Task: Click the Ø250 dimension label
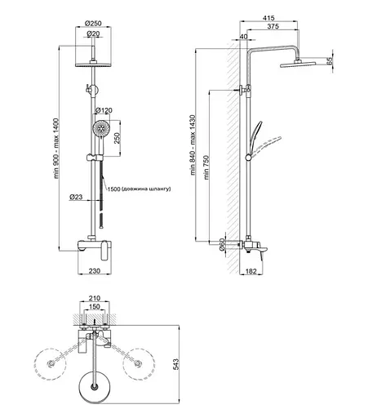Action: (x=93, y=24)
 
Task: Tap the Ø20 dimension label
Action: (x=93, y=33)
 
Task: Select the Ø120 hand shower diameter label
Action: (x=104, y=110)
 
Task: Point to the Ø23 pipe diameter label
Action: (x=76, y=197)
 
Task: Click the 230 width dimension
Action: (x=95, y=271)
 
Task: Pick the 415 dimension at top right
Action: (x=268, y=18)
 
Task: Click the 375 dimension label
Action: (x=273, y=26)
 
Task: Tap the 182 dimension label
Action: (x=251, y=271)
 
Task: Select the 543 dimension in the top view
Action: (x=176, y=364)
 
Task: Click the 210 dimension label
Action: (x=95, y=298)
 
